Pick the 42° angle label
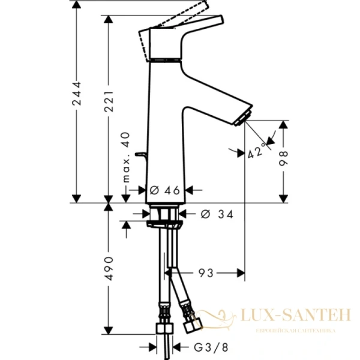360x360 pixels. [x=256, y=152]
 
